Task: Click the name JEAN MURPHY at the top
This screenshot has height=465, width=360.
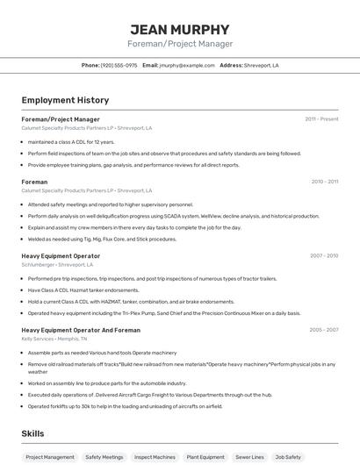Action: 179,29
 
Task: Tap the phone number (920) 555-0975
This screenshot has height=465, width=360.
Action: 119,65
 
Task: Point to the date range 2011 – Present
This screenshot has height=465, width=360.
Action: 321,118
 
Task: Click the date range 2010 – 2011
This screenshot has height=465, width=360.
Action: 324,182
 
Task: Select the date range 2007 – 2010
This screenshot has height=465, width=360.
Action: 324,255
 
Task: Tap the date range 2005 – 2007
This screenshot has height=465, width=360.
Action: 324,330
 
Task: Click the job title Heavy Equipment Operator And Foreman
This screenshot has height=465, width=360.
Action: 81,330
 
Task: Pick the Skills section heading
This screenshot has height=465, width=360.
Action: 33,433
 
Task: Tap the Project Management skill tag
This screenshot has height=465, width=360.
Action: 50,457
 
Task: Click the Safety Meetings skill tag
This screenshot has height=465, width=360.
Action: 104,457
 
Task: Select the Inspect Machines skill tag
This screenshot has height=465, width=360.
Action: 155,457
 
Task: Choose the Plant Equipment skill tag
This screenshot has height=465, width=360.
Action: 205,457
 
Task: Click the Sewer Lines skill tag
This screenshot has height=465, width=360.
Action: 250,457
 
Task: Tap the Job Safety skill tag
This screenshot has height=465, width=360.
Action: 288,457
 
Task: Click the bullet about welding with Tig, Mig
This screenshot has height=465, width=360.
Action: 102,239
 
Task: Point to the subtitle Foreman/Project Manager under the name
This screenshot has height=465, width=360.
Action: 179,44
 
